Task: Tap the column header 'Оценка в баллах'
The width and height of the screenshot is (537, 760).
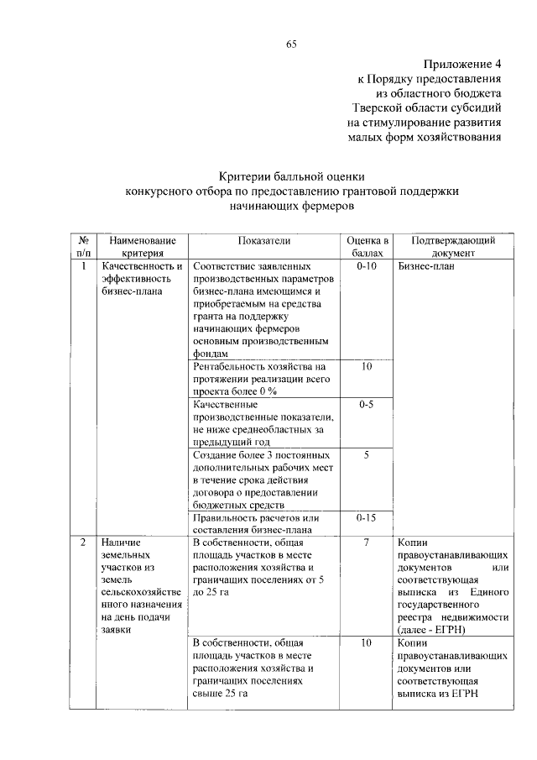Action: click(368, 246)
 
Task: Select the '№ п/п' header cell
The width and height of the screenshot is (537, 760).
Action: click(85, 246)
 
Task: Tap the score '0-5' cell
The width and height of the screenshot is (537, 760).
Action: click(367, 405)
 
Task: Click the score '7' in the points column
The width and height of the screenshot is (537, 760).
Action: click(367, 542)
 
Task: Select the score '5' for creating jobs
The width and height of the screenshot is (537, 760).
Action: click(367, 454)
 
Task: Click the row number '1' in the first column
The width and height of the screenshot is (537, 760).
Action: click(84, 266)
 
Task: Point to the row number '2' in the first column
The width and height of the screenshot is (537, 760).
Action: click(84, 542)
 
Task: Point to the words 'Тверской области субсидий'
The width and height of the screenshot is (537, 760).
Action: click(427, 108)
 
